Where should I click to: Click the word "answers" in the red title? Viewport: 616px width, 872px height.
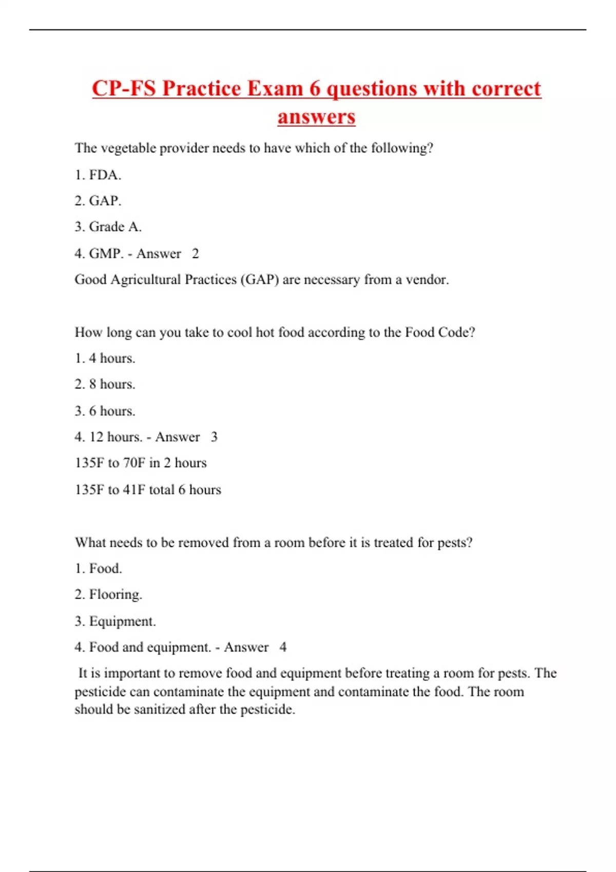tap(316, 117)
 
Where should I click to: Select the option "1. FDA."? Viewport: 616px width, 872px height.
tap(98, 175)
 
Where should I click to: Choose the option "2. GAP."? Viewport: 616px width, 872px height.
tap(98, 201)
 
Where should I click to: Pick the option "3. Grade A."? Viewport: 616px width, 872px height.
tap(108, 227)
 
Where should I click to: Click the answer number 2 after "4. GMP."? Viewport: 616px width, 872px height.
tap(195, 253)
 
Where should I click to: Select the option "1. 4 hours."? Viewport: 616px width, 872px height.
tap(105, 358)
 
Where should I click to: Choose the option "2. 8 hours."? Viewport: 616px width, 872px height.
tap(105, 384)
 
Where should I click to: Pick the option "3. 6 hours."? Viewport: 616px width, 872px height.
tap(105, 411)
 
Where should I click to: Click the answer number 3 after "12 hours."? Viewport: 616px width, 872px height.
tap(214, 437)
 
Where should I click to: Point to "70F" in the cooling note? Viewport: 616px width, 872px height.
tap(134, 463)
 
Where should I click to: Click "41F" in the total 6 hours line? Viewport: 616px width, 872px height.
tap(134, 489)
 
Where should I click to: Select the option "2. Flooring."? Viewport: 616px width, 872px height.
tap(108, 594)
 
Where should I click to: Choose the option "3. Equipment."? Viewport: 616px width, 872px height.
tap(115, 621)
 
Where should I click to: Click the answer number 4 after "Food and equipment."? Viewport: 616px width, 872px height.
tap(283, 647)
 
